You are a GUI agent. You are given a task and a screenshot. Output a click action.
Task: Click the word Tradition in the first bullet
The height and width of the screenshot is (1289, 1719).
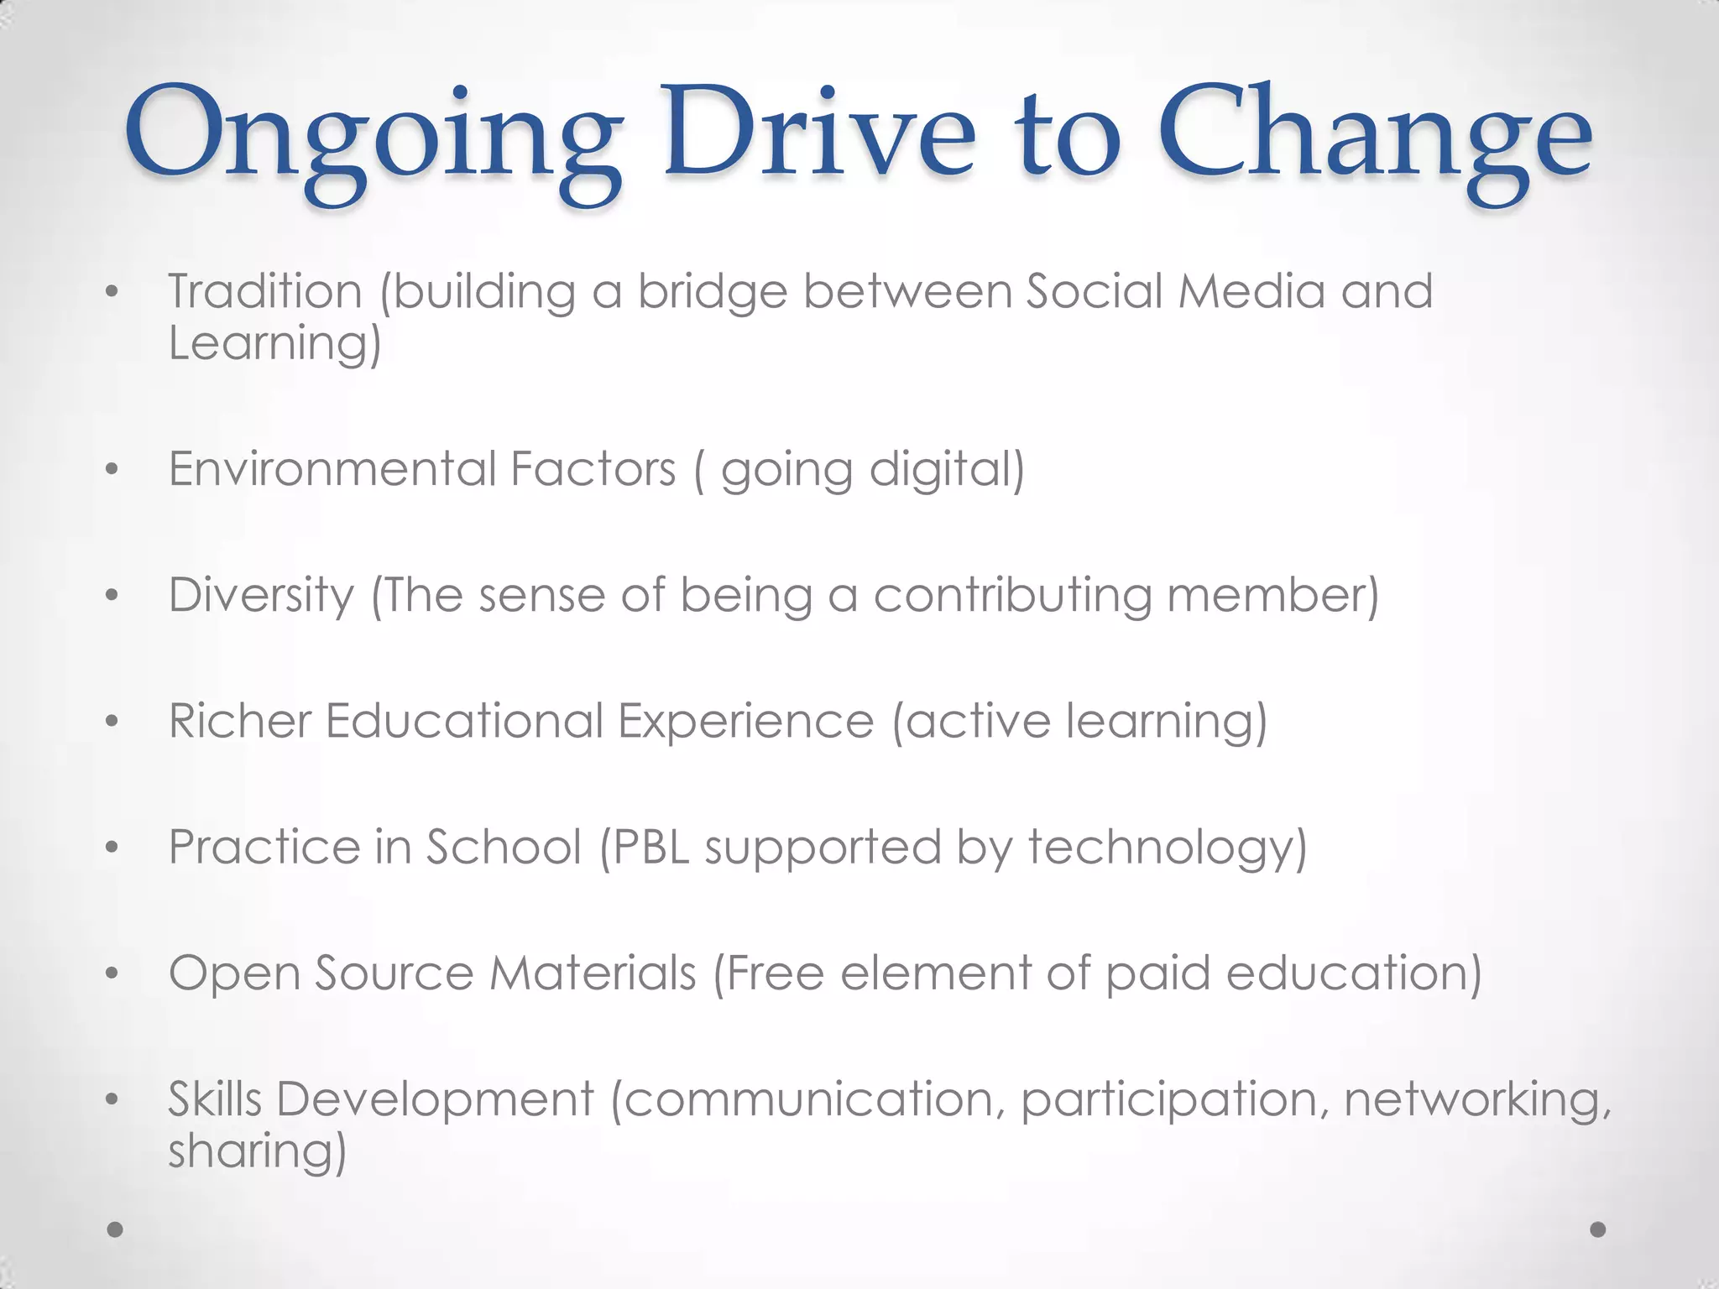[x=264, y=291]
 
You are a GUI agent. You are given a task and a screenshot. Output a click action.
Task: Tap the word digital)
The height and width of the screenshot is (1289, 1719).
[x=947, y=470]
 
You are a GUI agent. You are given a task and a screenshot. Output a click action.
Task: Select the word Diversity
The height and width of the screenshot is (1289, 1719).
[x=262, y=596]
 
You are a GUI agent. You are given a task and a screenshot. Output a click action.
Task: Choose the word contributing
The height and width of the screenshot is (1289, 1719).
[x=1012, y=596]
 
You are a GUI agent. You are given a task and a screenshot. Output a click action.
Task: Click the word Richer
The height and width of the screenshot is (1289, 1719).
[x=239, y=721]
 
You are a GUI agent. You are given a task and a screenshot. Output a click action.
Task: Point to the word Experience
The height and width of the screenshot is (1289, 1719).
[x=746, y=722]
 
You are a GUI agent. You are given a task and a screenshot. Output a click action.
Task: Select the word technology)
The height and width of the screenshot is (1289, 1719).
[x=1168, y=848]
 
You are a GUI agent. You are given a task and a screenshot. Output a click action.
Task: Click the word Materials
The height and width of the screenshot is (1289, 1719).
[x=593, y=973]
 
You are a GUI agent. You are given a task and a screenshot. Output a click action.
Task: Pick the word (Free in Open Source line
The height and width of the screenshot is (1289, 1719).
[x=769, y=973]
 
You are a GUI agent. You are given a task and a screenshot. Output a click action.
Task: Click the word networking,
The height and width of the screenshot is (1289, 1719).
[x=1478, y=1100]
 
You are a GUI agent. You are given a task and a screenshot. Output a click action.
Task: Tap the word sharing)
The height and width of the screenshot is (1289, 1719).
[x=257, y=1151]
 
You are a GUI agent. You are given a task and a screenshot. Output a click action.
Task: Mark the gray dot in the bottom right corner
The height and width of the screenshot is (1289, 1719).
[x=1598, y=1229]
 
